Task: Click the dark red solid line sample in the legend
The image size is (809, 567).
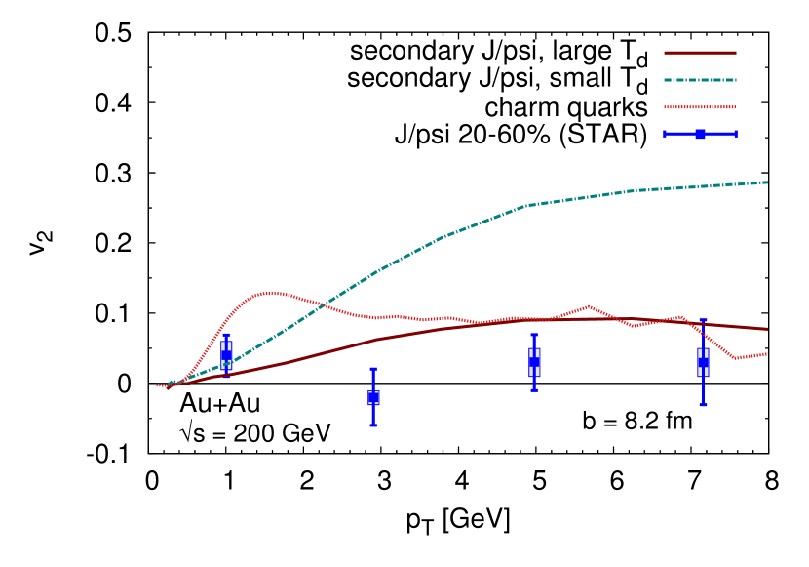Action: (x=700, y=53)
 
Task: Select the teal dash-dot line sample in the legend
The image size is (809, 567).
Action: (x=700, y=80)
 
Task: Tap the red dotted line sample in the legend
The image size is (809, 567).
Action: (x=700, y=107)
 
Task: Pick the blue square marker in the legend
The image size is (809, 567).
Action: (x=700, y=134)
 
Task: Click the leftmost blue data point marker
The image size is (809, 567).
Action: (x=226, y=355)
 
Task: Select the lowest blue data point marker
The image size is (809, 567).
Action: (x=373, y=397)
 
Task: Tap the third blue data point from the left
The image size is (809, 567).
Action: (x=534, y=362)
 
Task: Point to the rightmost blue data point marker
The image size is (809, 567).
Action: (x=703, y=362)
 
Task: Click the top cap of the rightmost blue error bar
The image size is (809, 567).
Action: (x=703, y=320)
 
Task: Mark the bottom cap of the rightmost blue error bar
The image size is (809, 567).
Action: (x=703, y=404)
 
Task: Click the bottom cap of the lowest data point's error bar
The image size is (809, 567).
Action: (x=373, y=425)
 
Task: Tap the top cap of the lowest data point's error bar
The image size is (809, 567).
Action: (x=373, y=369)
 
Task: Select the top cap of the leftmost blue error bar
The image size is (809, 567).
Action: (x=226, y=336)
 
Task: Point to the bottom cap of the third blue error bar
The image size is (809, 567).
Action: (x=534, y=389)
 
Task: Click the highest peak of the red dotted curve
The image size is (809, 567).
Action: (x=271, y=292)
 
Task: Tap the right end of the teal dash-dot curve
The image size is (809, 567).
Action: (x=768, y=182)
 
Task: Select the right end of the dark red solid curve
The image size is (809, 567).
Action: (x=768, y=329)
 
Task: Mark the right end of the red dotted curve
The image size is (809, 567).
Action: (x=768, y=353)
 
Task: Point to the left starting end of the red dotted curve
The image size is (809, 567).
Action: (x=157, y=385)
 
